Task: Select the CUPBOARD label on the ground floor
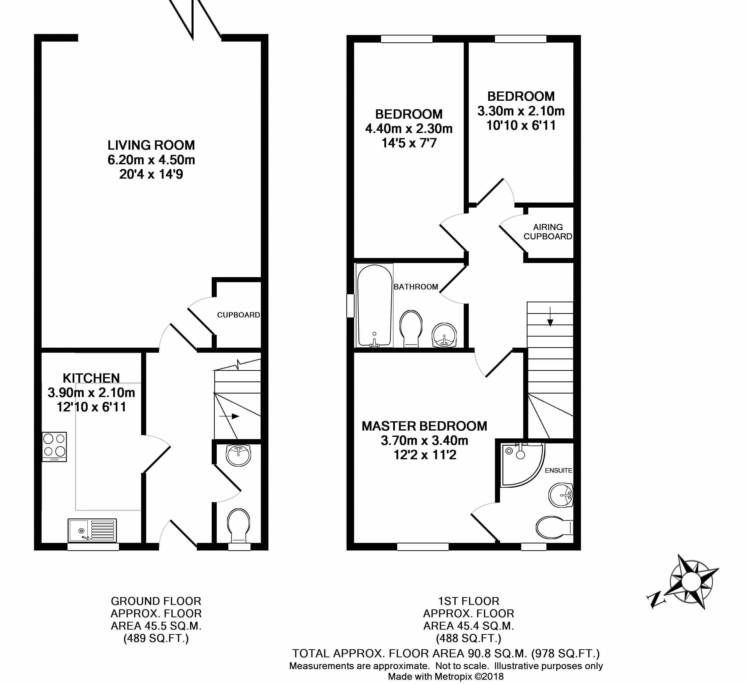238,315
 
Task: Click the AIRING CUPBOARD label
548,232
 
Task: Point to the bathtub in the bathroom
374,306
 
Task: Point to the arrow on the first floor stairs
550,317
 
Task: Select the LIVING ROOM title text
151,145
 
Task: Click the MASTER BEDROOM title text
424,426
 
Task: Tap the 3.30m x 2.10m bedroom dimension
521,111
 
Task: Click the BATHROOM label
416,287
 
